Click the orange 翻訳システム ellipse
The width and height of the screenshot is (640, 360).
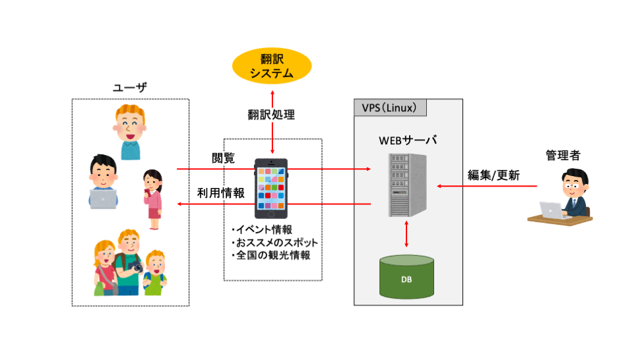[271, 66]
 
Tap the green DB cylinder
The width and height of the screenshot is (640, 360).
[407, 278]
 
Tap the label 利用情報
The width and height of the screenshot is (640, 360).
[221, 193]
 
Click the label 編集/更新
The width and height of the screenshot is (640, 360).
[494, 175]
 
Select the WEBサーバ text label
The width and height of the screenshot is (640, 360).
[407, 140]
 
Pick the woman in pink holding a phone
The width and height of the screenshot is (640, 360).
[154, 198]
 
